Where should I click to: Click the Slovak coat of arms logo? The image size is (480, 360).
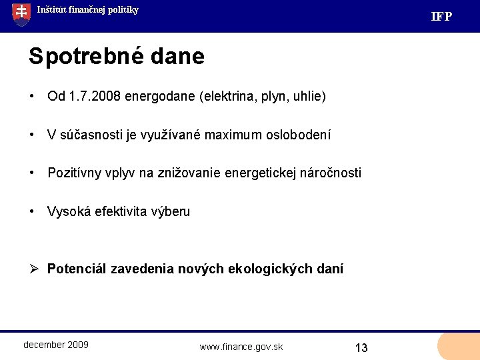(x=21, y=13)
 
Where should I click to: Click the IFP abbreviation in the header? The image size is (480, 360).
(x=441, y=17)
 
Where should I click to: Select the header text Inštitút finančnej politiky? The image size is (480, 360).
(x=87, y=10)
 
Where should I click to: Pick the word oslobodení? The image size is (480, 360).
(x=298, y=135)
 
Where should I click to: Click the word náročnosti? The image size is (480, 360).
(x=329, y=173)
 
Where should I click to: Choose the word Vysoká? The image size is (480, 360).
(x=69, y=212)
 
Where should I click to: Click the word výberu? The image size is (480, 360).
(x=172, y=212)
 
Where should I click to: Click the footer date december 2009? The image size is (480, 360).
(x=56, y=345)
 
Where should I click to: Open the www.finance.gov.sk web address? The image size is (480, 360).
(x=241, y=347)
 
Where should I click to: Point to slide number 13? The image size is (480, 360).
(x=361, y=348)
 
